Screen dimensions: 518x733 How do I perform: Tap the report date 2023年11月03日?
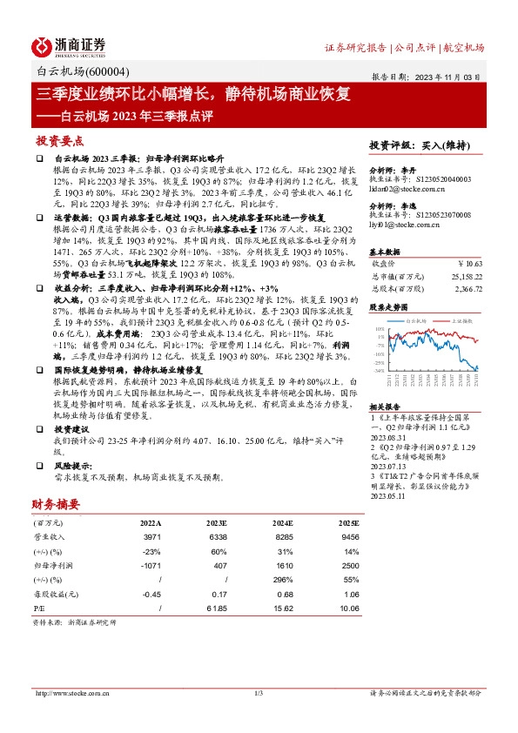coord(447,77)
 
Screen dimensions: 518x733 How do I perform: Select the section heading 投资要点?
coord(60,140)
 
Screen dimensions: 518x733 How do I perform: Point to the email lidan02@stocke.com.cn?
coord(408,188)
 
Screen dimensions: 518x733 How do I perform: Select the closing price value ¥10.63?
coord(470,261)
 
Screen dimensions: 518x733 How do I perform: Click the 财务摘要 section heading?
coord(56,504)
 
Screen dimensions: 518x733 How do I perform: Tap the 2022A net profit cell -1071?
coord(151,566)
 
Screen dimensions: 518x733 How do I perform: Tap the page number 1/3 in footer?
coord(259,692)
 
